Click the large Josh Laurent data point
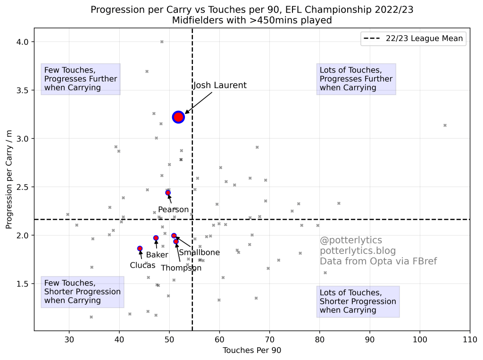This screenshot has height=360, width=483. (x=178, y=117)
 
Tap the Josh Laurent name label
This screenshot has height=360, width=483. (x=220, y=85)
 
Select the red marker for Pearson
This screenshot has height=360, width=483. (x=168, y=193)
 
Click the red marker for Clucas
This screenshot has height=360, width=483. (x=140, y=248)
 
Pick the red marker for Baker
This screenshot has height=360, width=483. (x=156, y=238)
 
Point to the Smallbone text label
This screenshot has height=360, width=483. (x=199, y=253)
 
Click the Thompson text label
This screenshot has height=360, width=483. (x=181, y=268)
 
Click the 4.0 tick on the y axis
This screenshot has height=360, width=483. (x=23, y=42)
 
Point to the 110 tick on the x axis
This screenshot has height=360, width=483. (x=469, y=338)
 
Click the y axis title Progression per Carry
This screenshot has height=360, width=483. (x=9, y=179)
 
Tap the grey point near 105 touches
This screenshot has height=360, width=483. (x=445, y=125)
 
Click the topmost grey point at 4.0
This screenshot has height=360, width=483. (x=162, y=42)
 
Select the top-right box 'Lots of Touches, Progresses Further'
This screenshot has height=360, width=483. (x=356, y=79)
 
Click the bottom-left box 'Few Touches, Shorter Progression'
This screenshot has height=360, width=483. (x=83, y=292)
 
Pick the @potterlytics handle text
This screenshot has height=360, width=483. (x=351, y=240)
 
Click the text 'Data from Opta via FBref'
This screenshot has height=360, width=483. (x=378, y=261)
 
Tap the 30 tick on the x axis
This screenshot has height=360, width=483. (x=69, y=338)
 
